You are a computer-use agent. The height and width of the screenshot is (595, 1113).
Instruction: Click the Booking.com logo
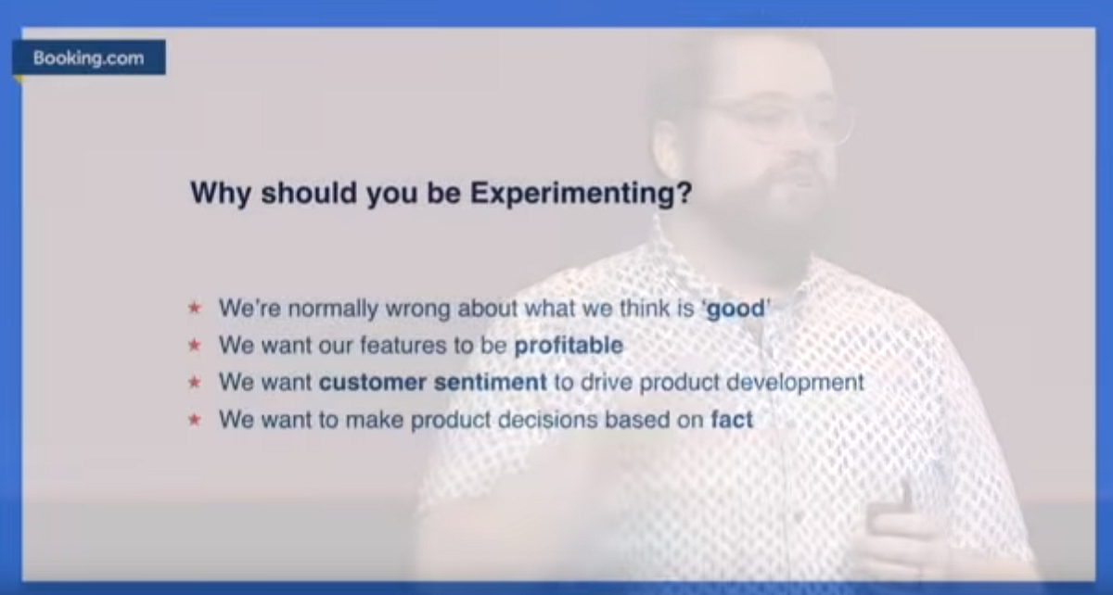(x=89, y=57)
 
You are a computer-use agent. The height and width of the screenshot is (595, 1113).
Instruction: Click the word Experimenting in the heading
(x=581, y=193)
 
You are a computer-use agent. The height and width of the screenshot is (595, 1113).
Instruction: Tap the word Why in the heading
(x=221, y=193)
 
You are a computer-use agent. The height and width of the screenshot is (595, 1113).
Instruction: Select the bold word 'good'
(x=736, y=310)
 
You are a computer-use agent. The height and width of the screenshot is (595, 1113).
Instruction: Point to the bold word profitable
(x=569, y=345)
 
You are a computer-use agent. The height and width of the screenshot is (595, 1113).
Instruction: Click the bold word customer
(x=373, y=383)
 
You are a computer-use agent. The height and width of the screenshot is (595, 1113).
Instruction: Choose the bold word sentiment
(x=490, y=383)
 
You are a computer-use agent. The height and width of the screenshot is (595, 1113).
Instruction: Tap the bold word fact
(x=732, y=420)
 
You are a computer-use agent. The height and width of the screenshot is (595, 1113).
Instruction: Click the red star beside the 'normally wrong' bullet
(x=194, y=308)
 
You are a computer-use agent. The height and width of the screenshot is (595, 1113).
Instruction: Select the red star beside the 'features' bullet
(x=194, y=345)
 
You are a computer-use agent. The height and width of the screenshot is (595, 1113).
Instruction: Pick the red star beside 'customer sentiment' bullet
(x=194, y=382)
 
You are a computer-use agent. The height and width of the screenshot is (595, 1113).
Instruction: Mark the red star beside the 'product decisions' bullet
(x=194, y=420)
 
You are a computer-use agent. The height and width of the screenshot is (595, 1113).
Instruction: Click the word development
(x=795, y=384)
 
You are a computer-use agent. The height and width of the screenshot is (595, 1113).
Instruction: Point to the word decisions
(x=547, y=420)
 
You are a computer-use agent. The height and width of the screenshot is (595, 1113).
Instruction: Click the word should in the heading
(x=309, y=193)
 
